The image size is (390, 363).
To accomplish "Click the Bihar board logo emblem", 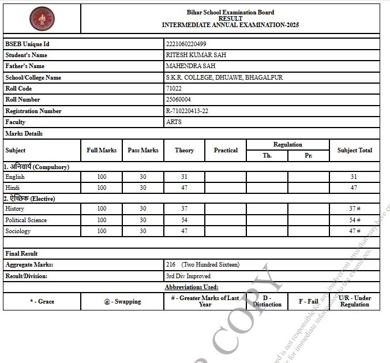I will (42, 18).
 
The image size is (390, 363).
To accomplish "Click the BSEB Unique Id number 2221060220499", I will (186, 44).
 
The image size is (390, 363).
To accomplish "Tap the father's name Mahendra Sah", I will (190, 66).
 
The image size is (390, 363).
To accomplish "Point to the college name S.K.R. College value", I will (224, 77).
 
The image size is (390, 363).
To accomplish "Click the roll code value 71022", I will (174, 88).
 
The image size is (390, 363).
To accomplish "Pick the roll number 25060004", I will (178, 99).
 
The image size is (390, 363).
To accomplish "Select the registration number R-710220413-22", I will (187, 111).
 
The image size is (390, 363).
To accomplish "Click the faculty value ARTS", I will (174, 122).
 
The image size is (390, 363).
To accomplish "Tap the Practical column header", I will (226, 150).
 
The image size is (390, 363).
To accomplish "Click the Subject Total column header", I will (354, 150).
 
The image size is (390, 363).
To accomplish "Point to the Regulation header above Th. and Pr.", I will (288, 144).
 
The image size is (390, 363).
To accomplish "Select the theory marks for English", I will (184, 177).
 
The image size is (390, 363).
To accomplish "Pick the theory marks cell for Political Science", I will (184, 220).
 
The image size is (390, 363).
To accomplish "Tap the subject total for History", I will (354, 208).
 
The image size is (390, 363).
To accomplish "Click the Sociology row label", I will (18, 231).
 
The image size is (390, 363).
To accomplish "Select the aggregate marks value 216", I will (171, 264).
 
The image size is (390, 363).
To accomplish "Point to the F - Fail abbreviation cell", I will (308, 301).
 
